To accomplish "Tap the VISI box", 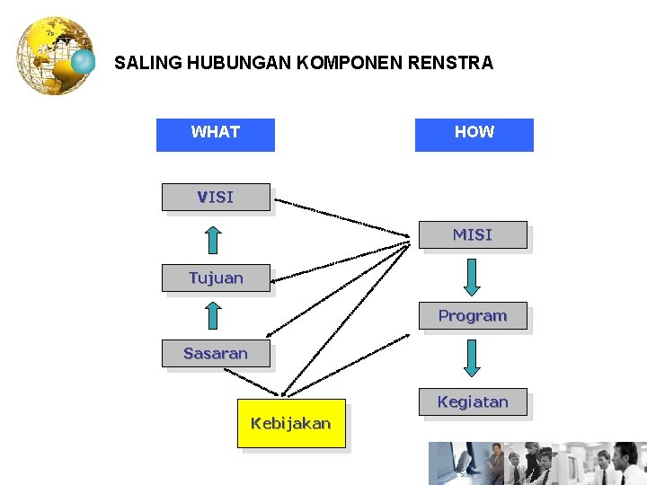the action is coord(216,197).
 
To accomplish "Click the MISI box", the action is coord(473,235).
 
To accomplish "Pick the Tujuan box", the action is coord(216,278).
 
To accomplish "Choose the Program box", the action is coord(473,316).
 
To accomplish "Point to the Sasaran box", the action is coord(216,354).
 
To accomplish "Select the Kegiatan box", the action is coord(473,402).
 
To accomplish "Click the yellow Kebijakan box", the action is coord(291,423).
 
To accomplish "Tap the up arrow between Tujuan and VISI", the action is coord(212,240).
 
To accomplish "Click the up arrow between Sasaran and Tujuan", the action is coord(212,315).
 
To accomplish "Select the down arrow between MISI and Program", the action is coord(472,277).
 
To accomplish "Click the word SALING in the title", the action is coord(146,64).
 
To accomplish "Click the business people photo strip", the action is coord(536,463).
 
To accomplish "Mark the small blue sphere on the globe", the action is coord(84,62).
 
